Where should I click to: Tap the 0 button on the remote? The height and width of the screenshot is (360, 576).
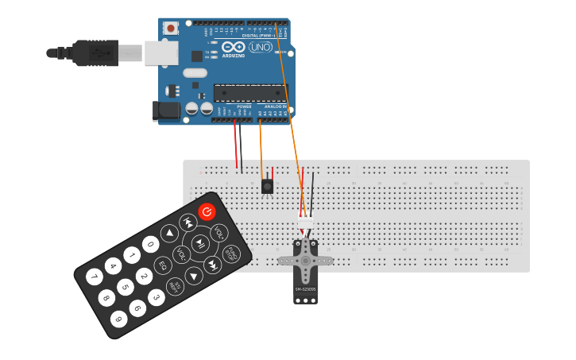coord(150,244)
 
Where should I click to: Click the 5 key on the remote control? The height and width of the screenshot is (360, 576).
coord(125,287)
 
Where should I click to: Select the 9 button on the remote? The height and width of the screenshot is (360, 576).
coord(118,319)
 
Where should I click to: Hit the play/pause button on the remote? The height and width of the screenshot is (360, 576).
coord(200,242)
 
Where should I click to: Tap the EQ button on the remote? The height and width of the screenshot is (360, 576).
coord(163,265)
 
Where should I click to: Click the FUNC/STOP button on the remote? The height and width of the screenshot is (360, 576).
coord(230,253)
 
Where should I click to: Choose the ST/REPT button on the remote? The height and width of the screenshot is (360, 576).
coord(176,286)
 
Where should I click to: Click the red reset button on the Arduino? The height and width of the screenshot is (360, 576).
coord(170,28)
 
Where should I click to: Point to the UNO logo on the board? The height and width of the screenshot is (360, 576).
coord(261,47)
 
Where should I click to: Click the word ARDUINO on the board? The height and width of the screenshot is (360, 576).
coord(234,56)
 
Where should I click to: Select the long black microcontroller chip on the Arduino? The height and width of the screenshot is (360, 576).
coord(250,93)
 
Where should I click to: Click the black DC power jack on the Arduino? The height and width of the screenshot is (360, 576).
coord(165,110)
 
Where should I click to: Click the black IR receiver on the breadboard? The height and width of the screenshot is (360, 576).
coord(267,187)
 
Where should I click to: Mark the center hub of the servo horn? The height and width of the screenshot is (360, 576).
coord(305,260)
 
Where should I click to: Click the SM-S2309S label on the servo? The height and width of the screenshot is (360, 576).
coord(305,289)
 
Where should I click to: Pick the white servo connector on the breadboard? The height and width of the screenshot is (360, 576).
coord(305,216)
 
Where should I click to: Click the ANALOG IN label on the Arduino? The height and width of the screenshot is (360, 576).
coord(275,106)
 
